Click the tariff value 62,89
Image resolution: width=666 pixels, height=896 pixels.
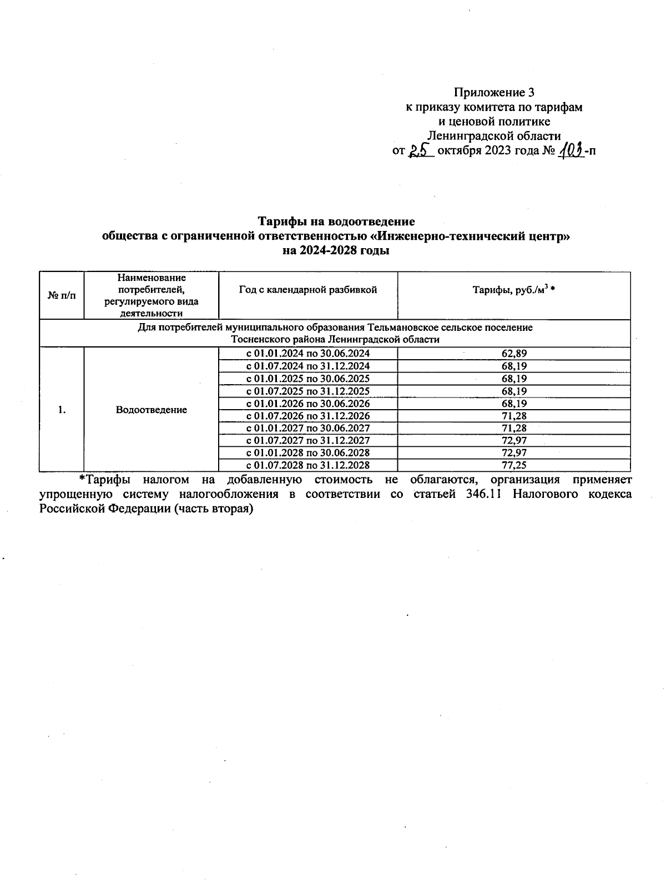[x=513, y=354]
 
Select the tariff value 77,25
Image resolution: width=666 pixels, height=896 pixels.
[x=513, y=465]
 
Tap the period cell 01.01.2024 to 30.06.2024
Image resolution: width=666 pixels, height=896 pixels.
[x=308, y=354]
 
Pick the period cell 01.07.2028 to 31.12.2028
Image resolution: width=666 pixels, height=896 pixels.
[x=308, y=465]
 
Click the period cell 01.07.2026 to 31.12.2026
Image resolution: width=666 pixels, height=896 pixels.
[x=308, y=416]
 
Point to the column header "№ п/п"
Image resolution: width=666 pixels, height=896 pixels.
[x=62, y=296]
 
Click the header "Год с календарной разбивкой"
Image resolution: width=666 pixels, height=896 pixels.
[x=308, y=290]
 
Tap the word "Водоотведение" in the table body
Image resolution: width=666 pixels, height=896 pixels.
[x=152, y=410]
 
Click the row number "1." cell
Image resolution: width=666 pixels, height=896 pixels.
[x=62, y=410]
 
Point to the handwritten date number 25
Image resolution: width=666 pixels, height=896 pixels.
[x=421, y=151]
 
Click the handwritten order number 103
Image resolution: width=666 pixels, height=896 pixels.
[x=572, y=151]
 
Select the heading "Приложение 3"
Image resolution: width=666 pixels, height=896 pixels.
[x=494, y=92]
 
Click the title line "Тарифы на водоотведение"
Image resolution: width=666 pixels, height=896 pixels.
[x=336, y=222]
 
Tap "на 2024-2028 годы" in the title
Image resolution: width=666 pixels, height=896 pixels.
[x=336, y=251]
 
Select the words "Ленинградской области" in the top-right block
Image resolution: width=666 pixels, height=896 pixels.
[x=494, y=136]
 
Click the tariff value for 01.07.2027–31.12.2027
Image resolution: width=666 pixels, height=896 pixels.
[x=513, y=440]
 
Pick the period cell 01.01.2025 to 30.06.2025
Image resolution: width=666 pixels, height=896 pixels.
[x=308, y=379]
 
